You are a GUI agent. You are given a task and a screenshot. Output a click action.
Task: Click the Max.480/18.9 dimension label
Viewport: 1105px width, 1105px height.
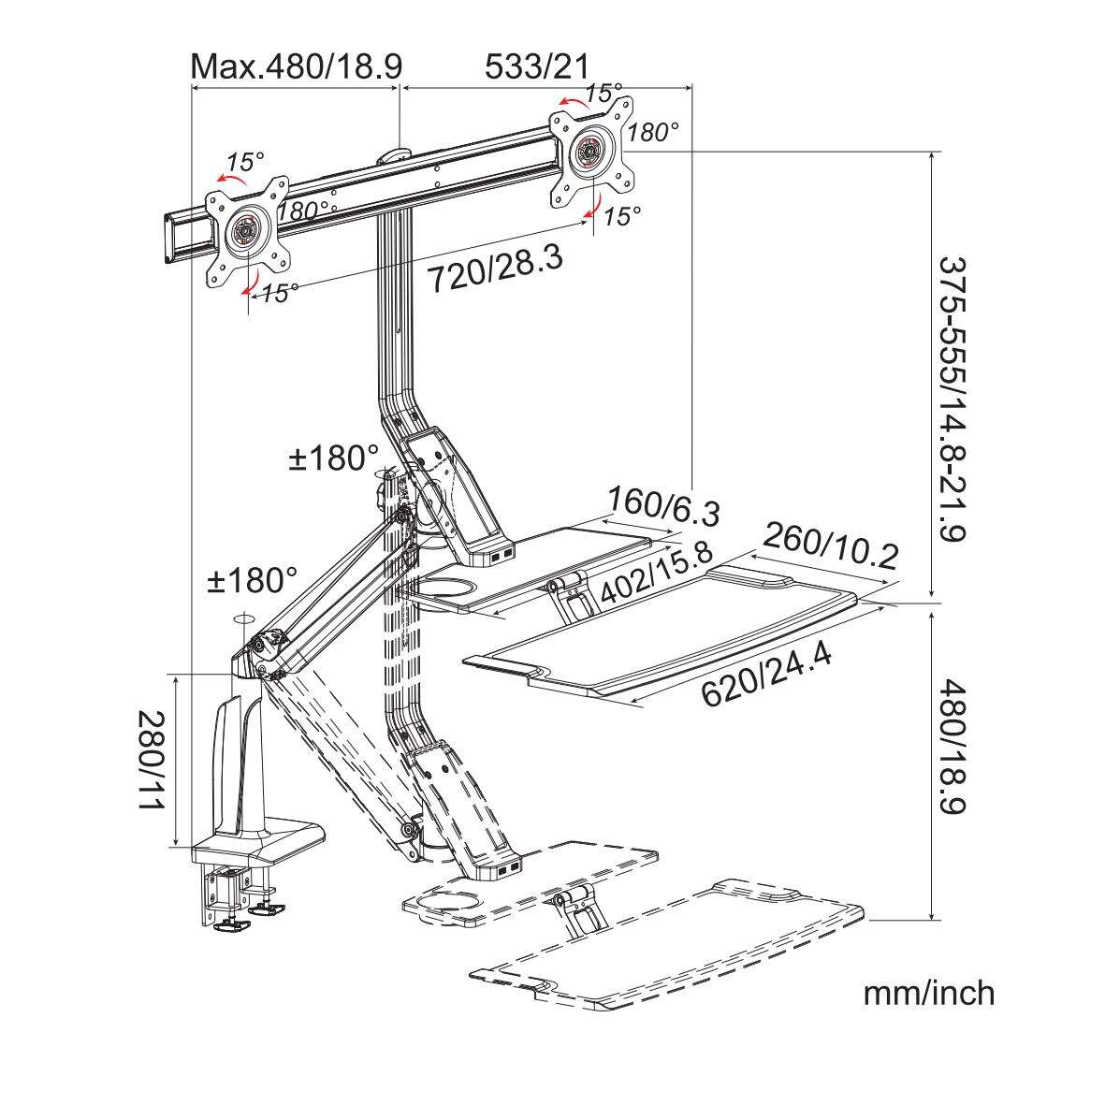(296, 66)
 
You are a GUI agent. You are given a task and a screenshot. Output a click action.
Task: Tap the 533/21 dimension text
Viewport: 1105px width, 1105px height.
(537, 66)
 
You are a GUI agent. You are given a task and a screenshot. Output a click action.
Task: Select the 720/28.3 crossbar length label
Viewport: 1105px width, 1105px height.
(496, 268)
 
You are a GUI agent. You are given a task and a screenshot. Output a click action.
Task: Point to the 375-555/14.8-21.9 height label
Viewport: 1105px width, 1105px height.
(951, 399)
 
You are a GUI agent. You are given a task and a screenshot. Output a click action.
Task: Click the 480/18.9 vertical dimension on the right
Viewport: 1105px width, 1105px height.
(951, 747)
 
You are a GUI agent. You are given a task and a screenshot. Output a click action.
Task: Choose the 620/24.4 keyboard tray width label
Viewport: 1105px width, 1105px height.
(766, 673)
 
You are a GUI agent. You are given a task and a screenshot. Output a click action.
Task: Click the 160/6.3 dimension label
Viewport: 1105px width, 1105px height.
(663, 505)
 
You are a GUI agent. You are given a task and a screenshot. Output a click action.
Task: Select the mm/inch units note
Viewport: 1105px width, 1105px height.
(929, 993)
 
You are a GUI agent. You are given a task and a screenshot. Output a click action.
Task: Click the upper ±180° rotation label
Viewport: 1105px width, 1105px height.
(333, 458)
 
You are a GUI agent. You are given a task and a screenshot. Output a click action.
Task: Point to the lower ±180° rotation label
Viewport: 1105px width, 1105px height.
(252, 581)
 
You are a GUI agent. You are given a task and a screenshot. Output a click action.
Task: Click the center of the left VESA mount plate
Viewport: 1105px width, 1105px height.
(247, 230)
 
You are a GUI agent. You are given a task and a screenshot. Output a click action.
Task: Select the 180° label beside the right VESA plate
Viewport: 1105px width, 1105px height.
(653, 132)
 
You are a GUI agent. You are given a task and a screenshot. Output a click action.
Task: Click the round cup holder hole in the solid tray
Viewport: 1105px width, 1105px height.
(450, 587)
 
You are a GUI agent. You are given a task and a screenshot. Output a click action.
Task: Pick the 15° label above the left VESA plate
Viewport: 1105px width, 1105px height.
(244, 161)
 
